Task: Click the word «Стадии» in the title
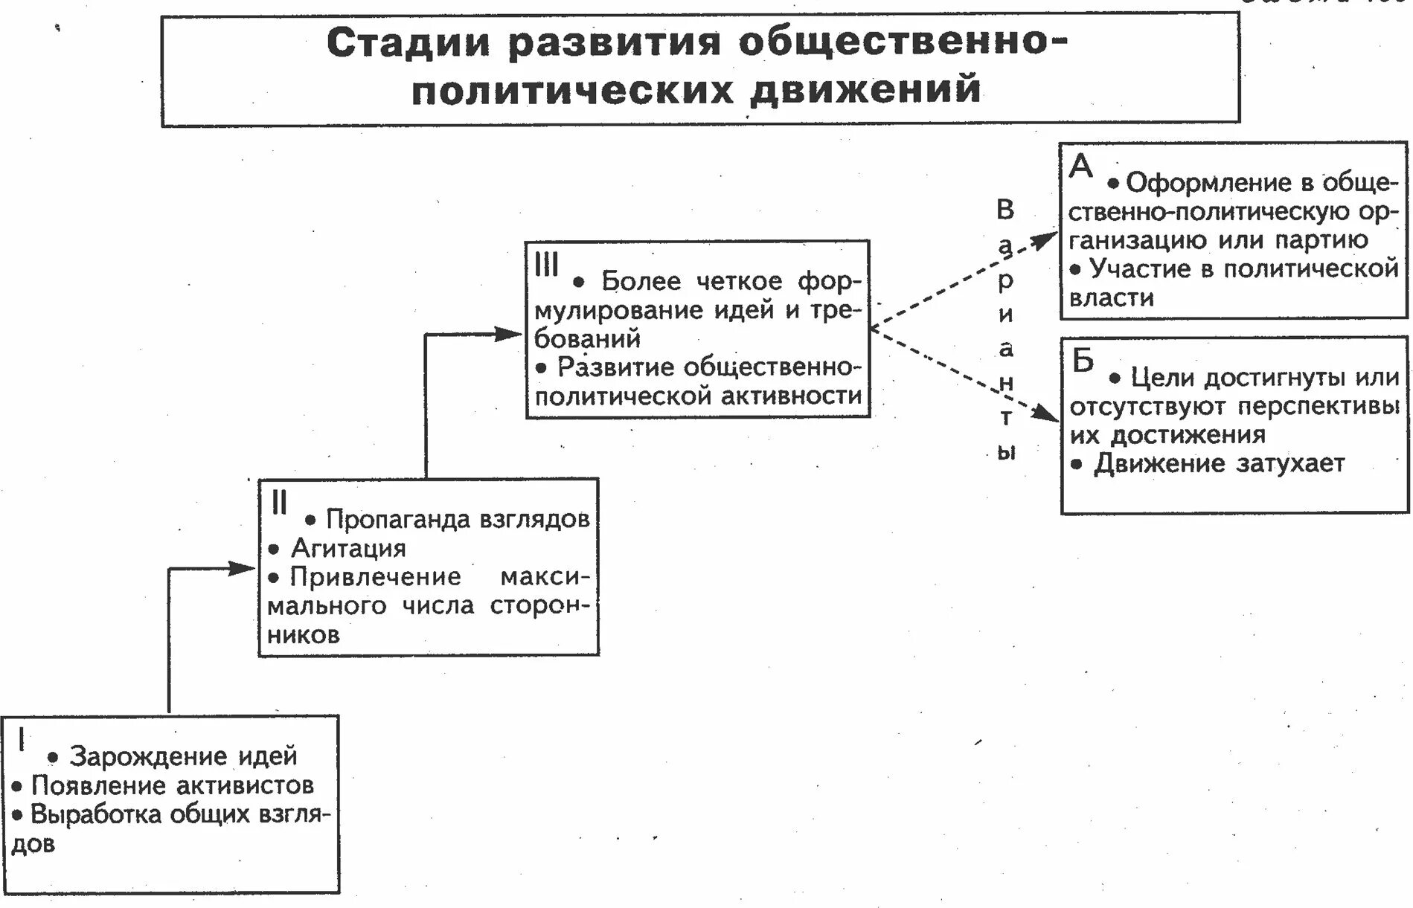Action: pos(408,43)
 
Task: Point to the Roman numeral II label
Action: pos(279,503)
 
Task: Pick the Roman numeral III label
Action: pos(547,264)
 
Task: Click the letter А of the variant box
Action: pos(1081,166)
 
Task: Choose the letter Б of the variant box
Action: pos(1083,361)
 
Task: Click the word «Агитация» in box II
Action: pos(348,549)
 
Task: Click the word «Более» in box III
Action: pos(641,281)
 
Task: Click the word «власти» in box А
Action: pos(1112,298)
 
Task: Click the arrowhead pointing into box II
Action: pos(242,569)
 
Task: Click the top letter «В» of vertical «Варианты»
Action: pos(1005,210)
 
